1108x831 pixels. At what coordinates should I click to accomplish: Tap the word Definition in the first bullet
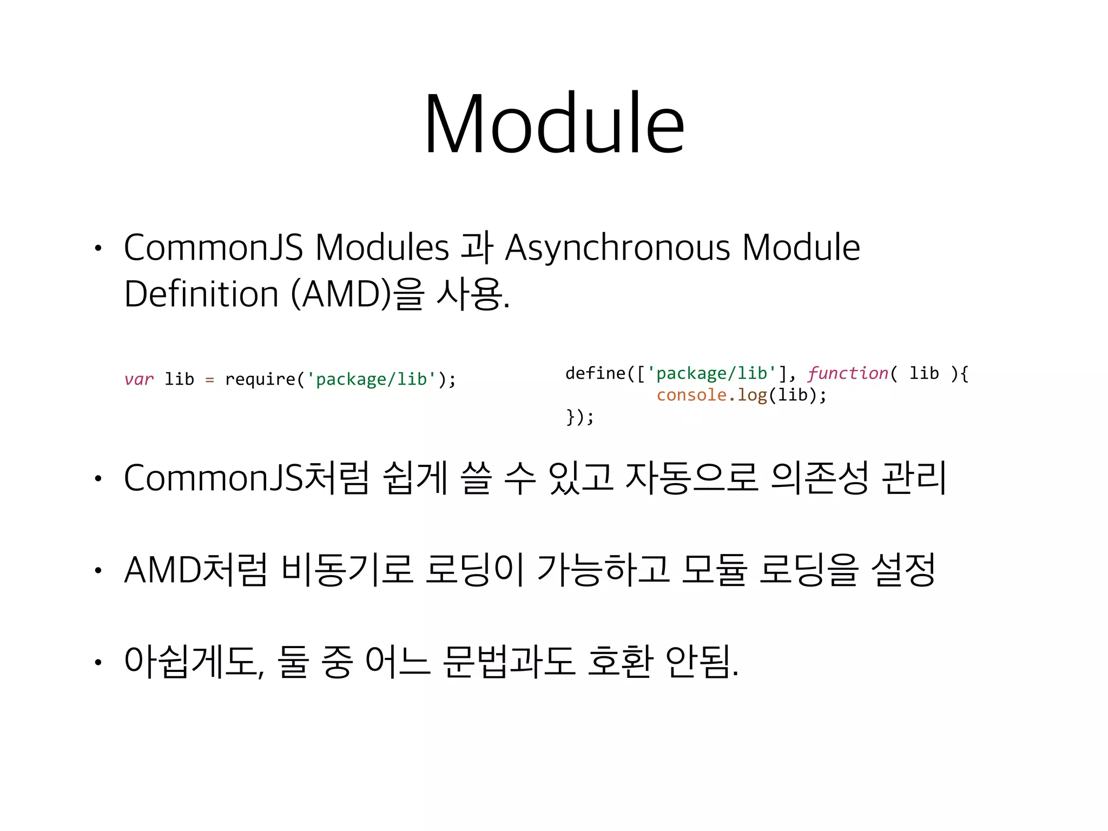201,294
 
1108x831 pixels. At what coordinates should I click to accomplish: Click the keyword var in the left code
138,379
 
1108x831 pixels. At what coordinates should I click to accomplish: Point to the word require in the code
260,379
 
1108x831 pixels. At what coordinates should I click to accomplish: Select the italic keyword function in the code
848,373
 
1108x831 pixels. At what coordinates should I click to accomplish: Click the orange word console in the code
691,395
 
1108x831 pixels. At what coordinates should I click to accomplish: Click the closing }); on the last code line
579,417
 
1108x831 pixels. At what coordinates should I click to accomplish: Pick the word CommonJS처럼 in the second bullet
246,478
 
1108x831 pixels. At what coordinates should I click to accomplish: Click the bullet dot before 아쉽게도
98,663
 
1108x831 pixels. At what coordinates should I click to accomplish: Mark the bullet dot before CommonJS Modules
98,249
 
